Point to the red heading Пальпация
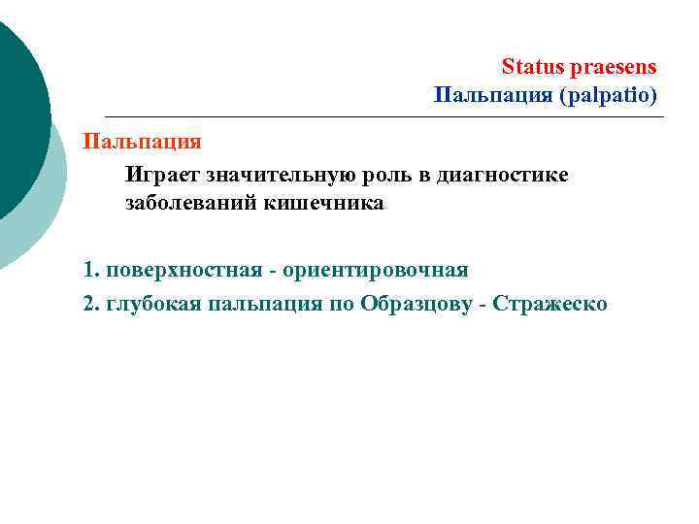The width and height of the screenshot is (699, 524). coord(142,142)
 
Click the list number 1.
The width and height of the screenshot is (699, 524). coord(90,269)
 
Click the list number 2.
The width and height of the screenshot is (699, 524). coord(90,304)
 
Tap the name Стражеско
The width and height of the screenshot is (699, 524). coord(550,304)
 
